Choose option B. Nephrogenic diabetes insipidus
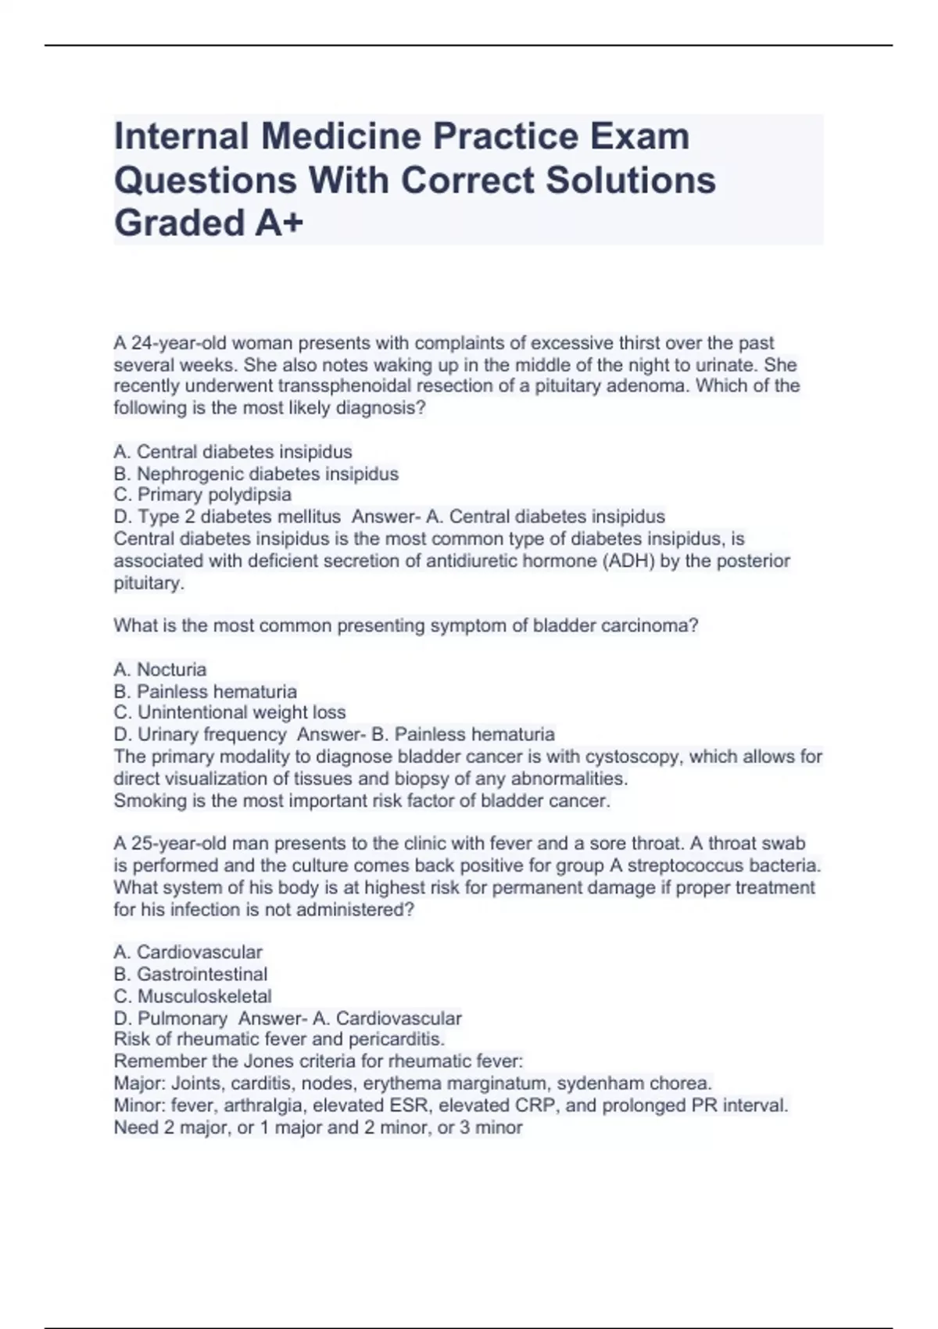pos(256,474)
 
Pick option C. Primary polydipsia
pos(202,495)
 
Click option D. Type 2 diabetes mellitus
pos(227,517)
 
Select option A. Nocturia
pos(160,670)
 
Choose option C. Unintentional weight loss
pos(230,713)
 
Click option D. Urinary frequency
pos(200,735)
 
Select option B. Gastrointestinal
pos(191,974)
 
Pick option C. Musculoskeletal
pos(193,996)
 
